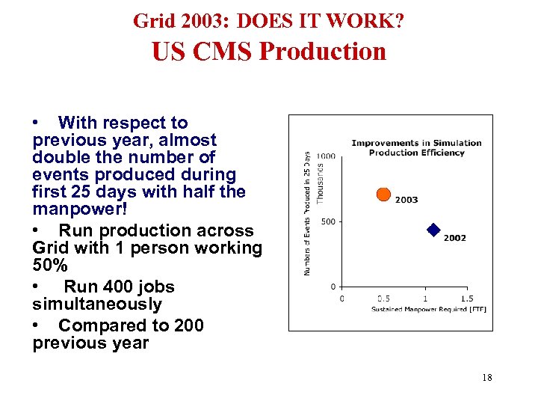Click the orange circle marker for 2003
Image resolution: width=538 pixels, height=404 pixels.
coord(383,195)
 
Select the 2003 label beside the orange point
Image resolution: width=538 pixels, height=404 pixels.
coord(406,200)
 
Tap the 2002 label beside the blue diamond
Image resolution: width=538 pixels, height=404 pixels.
coord(454,238)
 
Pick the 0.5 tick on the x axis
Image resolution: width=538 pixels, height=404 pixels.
coord(383,299)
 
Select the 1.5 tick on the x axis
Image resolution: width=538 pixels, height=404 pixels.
coord(466,299)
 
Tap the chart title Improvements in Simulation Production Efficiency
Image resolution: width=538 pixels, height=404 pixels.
coord(416,147)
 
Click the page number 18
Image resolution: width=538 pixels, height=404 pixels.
coord(487,378)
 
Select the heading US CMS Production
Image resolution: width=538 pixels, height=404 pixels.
coord(268,52)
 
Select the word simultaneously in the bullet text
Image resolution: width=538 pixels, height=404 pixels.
coord(97,304)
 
